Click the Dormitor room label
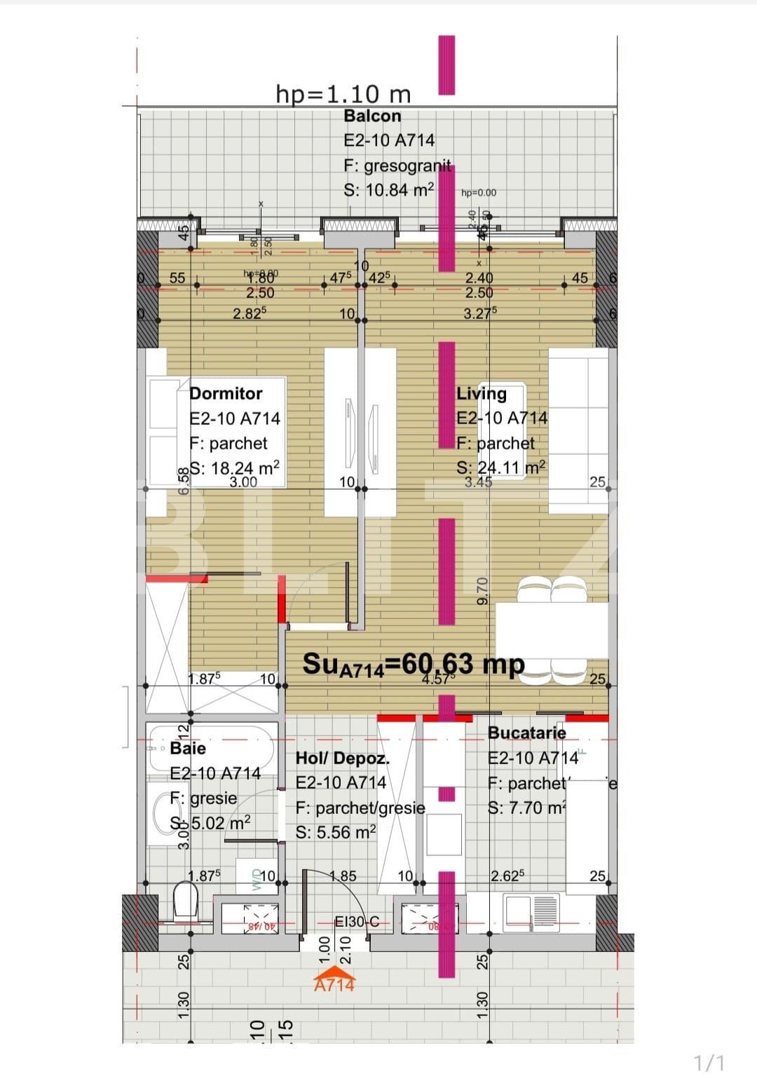click(x=226, y=393)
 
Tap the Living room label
click(x=481, y=393)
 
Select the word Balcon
click(x=372, y=116)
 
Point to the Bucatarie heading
click(x=526, y=733)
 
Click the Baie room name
click(x=188, y=748)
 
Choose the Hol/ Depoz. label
click(x=342, y=758)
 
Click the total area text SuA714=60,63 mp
click(x=413, y=663)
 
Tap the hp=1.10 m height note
click(x=343, y=93)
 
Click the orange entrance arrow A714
click(x=334, y=980)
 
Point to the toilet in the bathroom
click(x=186, y=901)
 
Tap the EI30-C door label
click(x=357, y=921)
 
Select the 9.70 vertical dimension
click(x=482, y=591)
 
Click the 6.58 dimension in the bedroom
click(x=184, y=481)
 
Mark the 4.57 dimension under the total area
click(x=438, y=679)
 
